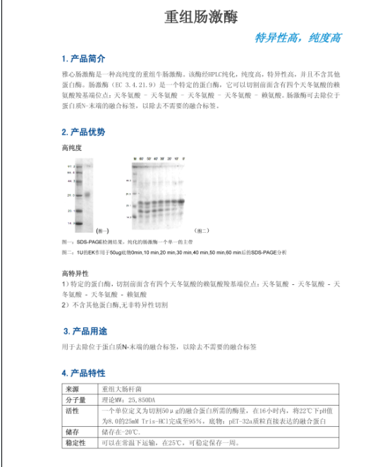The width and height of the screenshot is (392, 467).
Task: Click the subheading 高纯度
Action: tap(72, 148)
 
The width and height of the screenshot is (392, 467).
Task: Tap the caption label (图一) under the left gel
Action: tap(103, 230)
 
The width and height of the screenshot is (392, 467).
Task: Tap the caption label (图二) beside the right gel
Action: tap(203, 230)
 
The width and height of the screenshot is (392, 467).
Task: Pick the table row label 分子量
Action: tap(75, 399)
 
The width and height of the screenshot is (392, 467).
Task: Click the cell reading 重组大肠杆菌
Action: tap(122, 389)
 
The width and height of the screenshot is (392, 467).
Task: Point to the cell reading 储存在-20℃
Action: tap(121, 432)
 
